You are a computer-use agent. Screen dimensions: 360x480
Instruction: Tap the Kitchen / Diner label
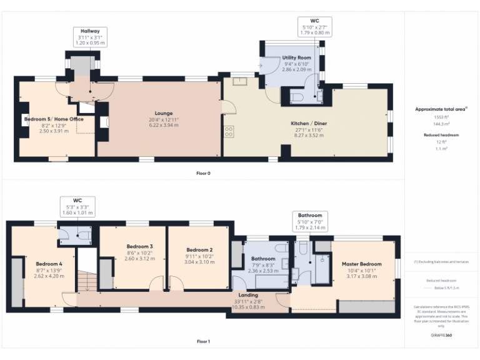pos(309,124)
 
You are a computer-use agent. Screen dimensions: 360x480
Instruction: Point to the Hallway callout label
pos(89,31)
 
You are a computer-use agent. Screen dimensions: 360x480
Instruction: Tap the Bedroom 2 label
pos(199,249)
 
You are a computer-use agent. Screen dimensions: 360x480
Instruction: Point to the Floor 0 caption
pos(203,172)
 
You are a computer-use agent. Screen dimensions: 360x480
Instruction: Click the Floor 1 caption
pos(203,341)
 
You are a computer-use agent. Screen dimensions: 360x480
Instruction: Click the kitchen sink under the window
pos(241,81)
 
